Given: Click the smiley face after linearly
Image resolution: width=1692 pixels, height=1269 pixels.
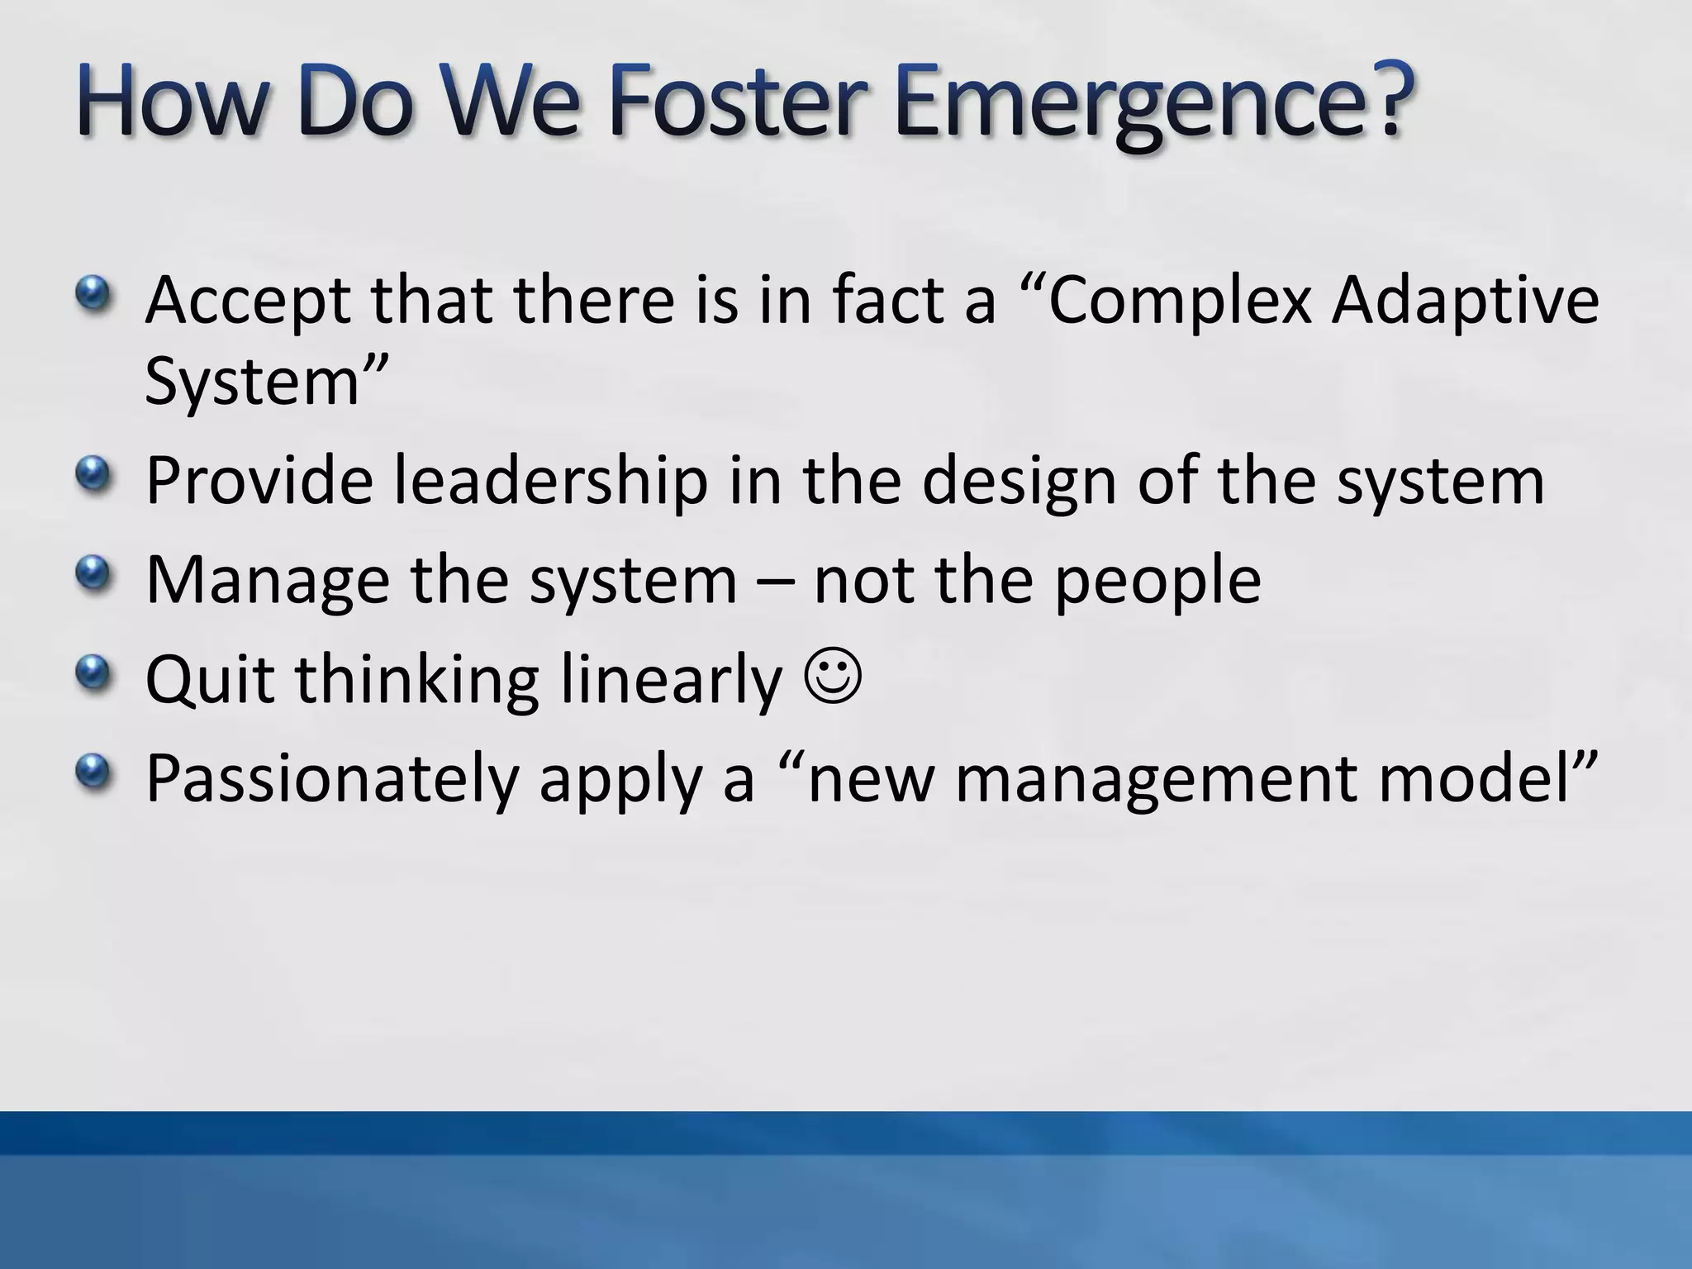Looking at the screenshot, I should (831, 677).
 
